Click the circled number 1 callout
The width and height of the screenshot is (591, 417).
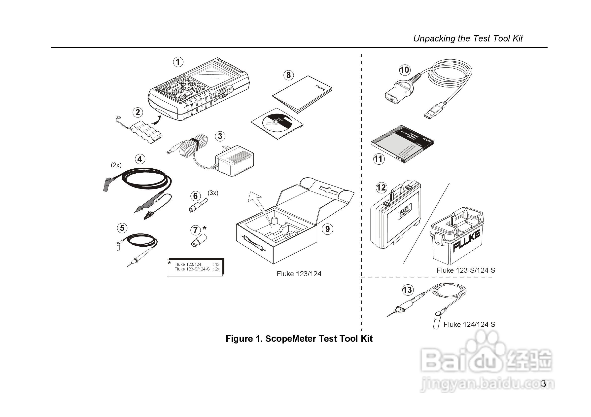pyautogui.click(x=178, y=62)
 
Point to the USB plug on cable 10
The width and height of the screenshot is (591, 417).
pyautogui.click(x=434, y=111)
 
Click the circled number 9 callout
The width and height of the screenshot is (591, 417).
pyautogui.click(x=327, y=229)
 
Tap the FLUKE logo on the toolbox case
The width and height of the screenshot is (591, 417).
pyautogui.click(x=466, y=241)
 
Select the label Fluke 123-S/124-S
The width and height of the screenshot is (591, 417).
pyautogui.click(x=466, y=270)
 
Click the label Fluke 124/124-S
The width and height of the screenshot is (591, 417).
pyautogui.click(x=469, y=324)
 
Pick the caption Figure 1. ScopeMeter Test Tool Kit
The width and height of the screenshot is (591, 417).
pyautogui.click(x=299, y=339)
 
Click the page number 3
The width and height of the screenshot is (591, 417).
pyautogui.click(x=543, y=383)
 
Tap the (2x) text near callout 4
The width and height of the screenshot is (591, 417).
pyautogui.click(x=116, y=165)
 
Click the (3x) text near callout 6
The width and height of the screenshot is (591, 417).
pyautogui.click(x=213, y=193)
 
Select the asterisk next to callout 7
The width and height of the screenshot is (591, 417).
pyautogui.click(x=204, y=228)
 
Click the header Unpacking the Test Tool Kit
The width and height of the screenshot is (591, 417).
pyautogui.click(x=468, y=38)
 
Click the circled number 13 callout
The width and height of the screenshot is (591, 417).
pyautogui.click(x=407, y=290)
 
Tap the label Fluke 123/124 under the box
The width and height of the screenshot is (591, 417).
pyautogui.click(x=299, y=274)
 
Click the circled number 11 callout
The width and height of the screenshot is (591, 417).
pyautogui.click(x=378, y=159)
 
